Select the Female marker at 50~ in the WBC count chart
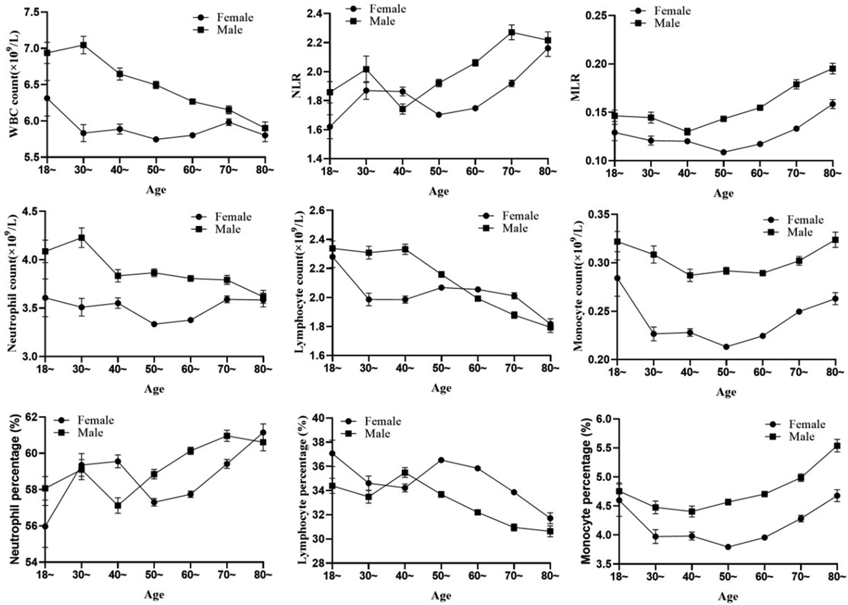[156, 139]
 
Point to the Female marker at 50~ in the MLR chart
[723, 152]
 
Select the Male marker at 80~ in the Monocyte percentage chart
[836, 445]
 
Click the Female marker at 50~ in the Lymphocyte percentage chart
[441, 460]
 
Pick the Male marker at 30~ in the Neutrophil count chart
[82, 238]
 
